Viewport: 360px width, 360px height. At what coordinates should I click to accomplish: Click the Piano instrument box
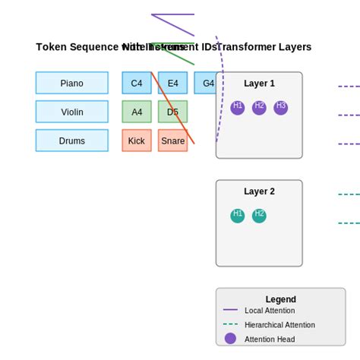point(71,83)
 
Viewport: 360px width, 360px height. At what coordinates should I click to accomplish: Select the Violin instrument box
point(71,112)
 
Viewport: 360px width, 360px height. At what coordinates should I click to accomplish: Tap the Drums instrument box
point(71,141)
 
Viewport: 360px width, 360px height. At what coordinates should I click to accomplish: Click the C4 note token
point(137,83)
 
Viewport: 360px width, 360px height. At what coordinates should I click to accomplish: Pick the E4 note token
point(172,83)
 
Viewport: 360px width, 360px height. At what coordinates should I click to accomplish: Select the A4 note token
point(137,112)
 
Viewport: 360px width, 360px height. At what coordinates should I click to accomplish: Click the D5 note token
point(172,112)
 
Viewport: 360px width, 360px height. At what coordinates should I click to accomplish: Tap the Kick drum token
point(137,141)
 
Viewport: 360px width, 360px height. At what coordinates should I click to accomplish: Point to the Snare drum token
point(172,141)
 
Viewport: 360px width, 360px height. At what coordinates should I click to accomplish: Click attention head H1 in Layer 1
point(238,108)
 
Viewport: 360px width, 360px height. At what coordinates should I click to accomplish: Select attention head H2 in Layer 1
point(259,108)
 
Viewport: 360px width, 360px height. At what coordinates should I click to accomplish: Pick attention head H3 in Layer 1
point(281,108)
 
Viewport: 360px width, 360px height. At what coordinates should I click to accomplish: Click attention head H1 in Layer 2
point(238,216)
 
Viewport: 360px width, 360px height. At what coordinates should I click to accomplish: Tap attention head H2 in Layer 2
point(259,216)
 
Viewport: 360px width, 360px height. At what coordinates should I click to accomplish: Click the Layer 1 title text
point(259,84)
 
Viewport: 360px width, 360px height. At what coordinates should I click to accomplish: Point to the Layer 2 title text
point(259,191)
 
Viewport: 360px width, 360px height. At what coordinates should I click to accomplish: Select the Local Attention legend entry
point(269,310)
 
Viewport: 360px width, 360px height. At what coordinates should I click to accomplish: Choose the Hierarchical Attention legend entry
point(279,324)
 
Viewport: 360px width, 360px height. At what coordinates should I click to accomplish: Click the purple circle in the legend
point(230,339)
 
